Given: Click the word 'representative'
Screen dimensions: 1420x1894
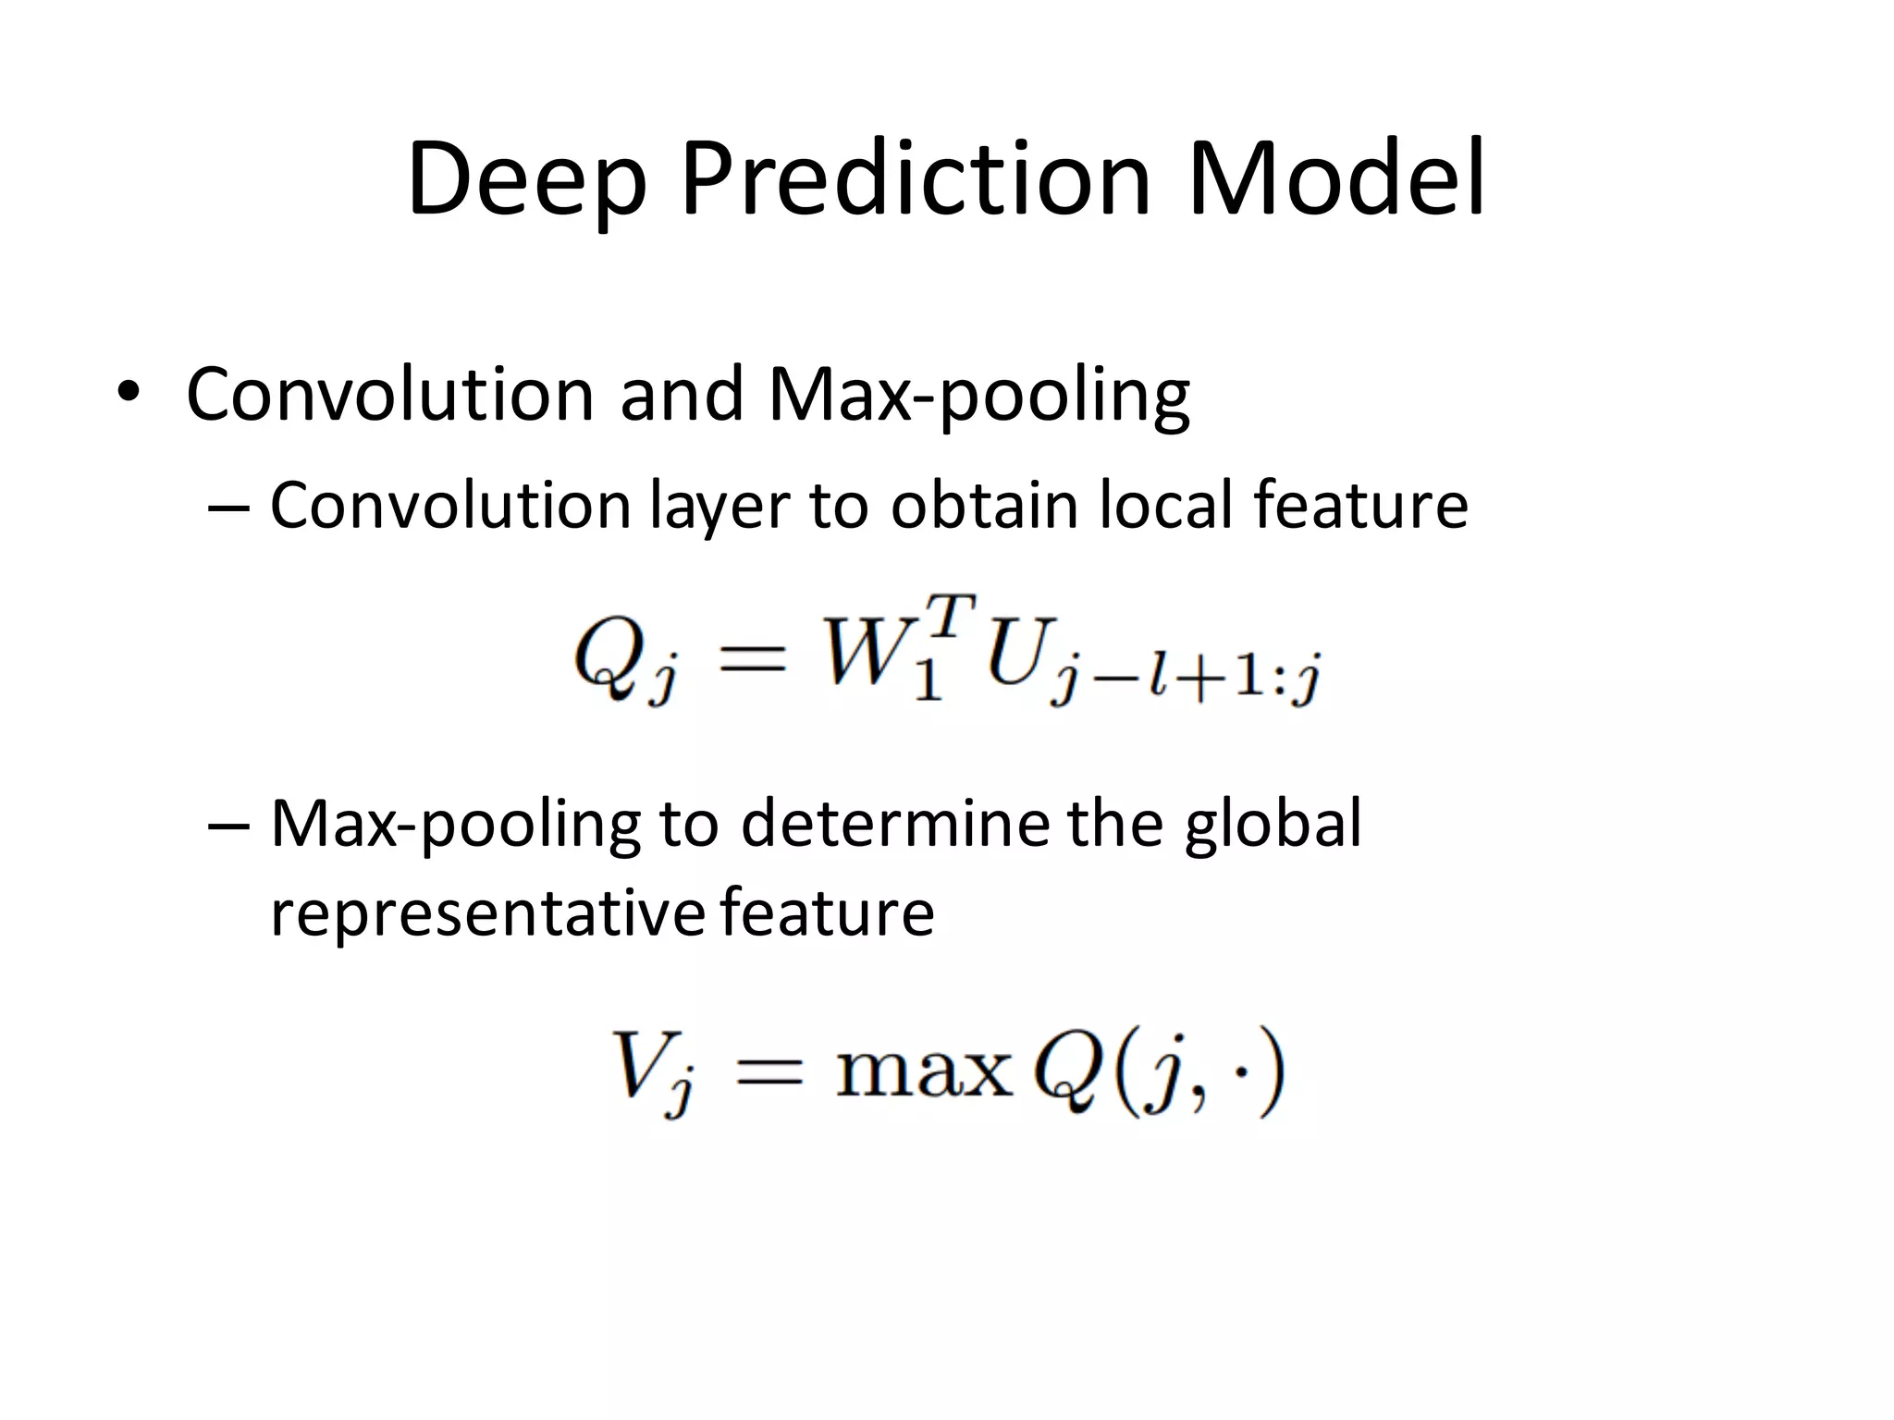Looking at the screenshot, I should coord(488,912).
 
